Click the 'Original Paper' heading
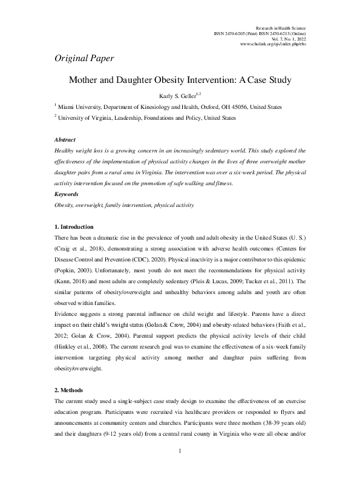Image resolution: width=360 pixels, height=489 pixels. click(x=80, y=59)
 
